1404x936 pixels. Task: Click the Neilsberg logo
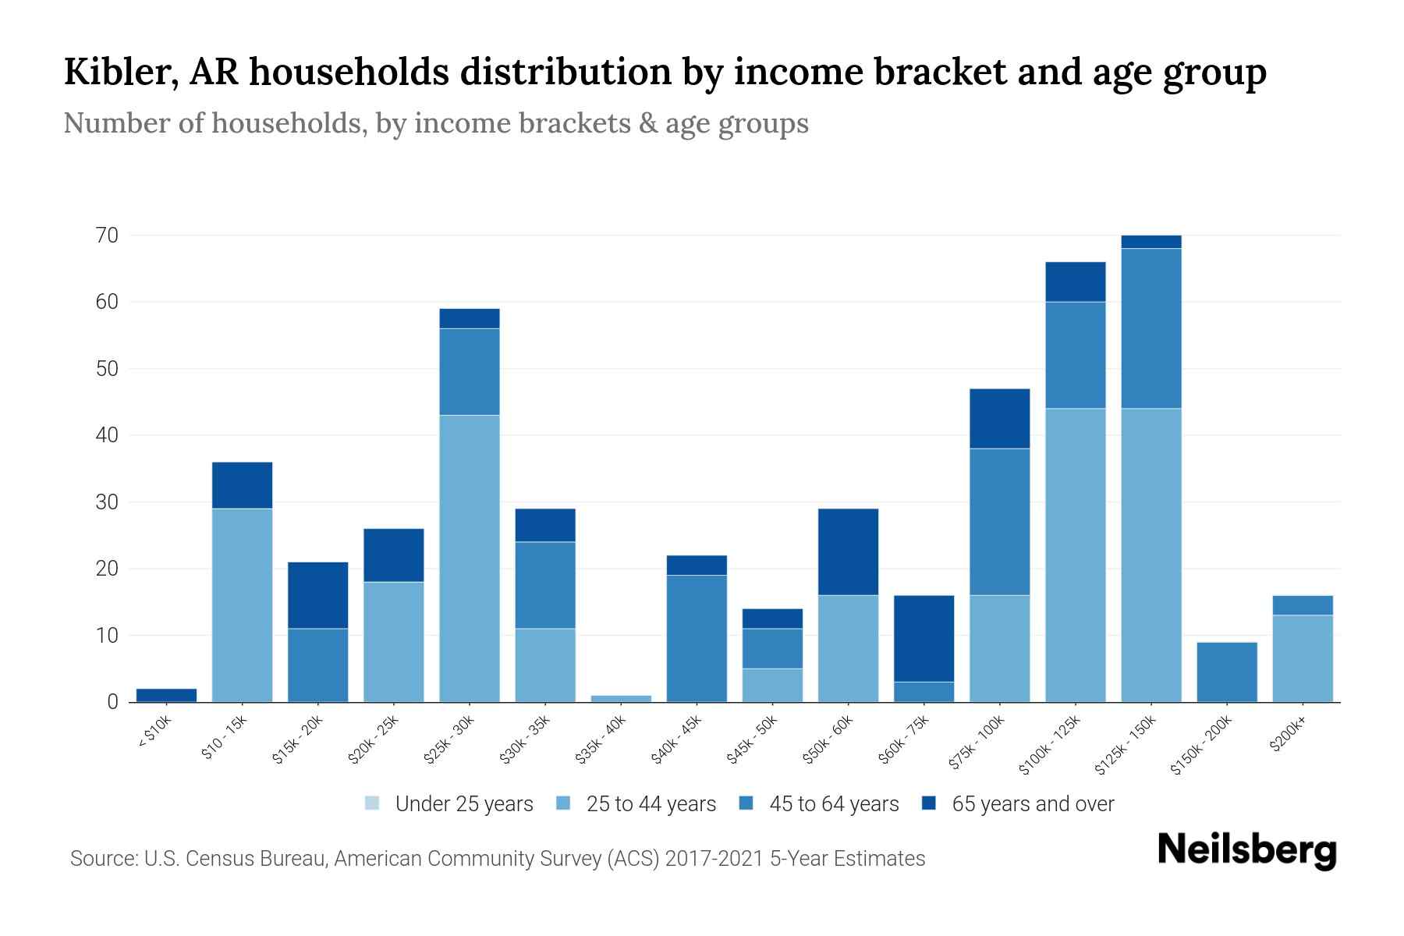(1246, 850)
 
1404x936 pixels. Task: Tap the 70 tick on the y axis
(107, 235)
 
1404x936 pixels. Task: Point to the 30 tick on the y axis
(107, 502)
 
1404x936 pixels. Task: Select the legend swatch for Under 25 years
(373, 803)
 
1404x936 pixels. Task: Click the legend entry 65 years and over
(1032, 803)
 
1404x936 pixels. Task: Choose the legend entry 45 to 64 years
(833, 803)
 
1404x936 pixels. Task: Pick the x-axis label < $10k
(154, 733)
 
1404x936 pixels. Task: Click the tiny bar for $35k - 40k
(621, 698)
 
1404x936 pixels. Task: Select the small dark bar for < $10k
(166, 695)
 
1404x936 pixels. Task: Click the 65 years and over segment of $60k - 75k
(924, 638)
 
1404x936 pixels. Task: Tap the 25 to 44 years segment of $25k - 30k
(470, 558)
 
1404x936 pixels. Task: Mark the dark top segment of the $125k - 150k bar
(1150, 242)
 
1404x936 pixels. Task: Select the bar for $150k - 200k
(1226, 672)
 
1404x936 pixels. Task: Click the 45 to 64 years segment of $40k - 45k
(697, 638)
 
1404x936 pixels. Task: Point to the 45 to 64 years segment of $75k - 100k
(999, 521)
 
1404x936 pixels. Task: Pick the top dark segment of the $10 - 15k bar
(242, 485)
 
